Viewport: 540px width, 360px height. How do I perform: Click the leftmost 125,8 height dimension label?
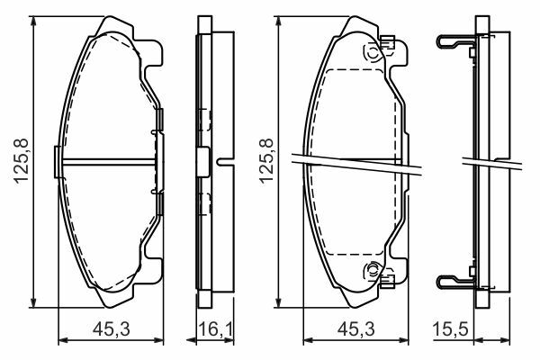(22, 161)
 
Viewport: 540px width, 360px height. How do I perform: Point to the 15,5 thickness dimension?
(451, 329)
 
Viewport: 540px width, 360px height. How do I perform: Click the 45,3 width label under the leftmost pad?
(112, 329)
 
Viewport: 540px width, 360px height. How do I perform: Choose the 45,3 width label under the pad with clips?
(356, 329)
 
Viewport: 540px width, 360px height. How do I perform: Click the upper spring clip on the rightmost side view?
(454, 41)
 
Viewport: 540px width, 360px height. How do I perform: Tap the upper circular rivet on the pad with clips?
(373, 54)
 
